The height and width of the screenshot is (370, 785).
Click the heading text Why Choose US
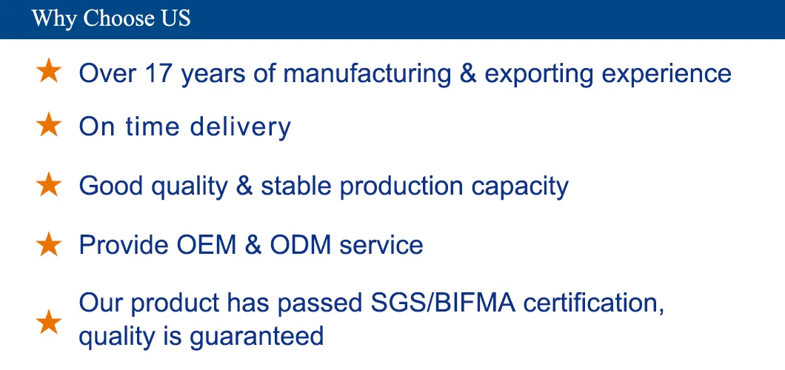click(x=110, y=18)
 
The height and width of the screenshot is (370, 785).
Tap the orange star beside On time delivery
click(x=49, y=125)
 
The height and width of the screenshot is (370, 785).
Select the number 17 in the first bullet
click(x=158, y=73)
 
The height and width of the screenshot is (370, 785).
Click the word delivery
click(x=240, y=127)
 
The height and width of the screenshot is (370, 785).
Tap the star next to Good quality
click(x=49, y=184)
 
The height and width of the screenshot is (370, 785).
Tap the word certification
click(x=594, y=303)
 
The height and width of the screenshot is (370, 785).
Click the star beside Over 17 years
click(x=49, y=71)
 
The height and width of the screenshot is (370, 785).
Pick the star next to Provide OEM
click(x=49, y=244)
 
